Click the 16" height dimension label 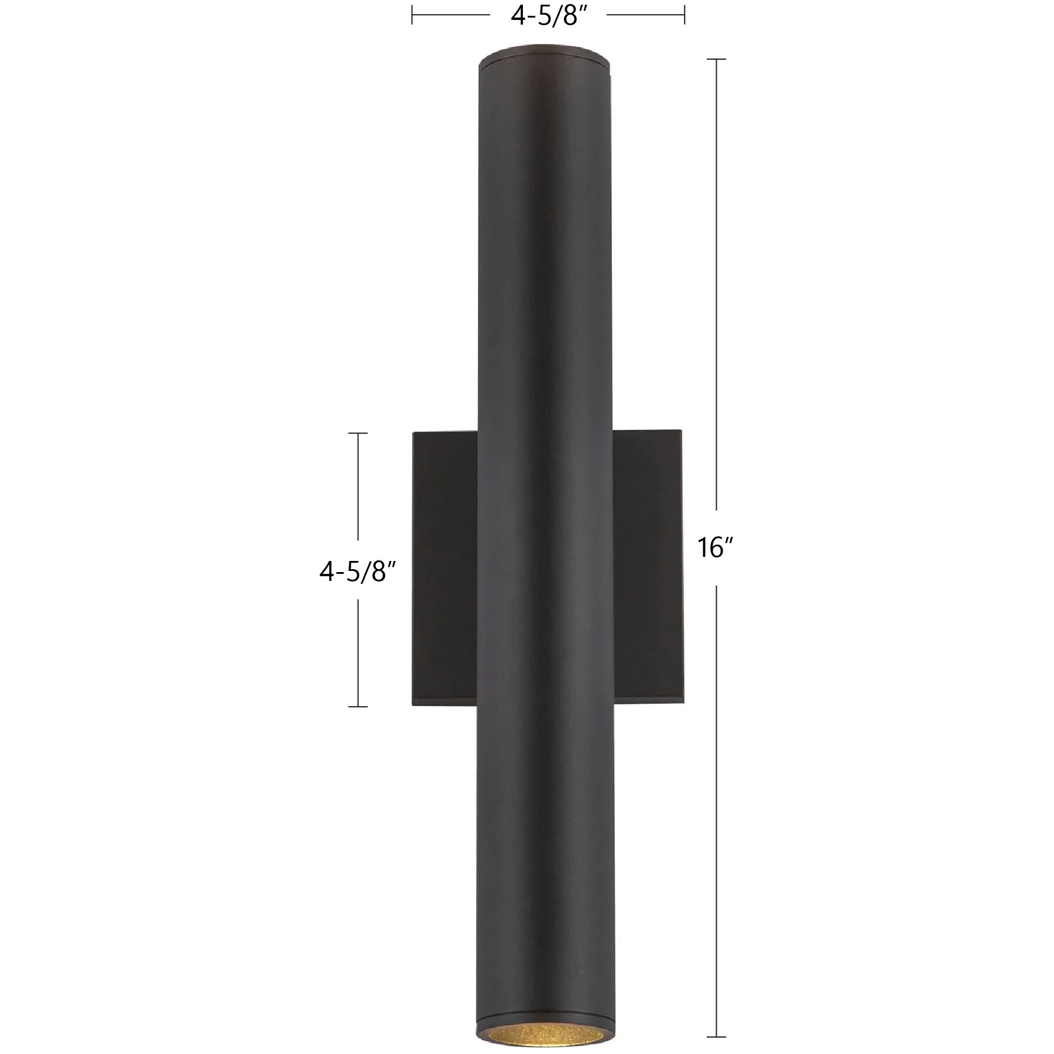click(715, 549)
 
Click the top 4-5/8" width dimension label click(549, 16)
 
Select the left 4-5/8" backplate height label click(358, 571)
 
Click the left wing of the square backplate click(445, 568)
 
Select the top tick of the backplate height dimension click(358, 433)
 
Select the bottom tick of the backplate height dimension click(358, 707)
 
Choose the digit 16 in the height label click(710, 549)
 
